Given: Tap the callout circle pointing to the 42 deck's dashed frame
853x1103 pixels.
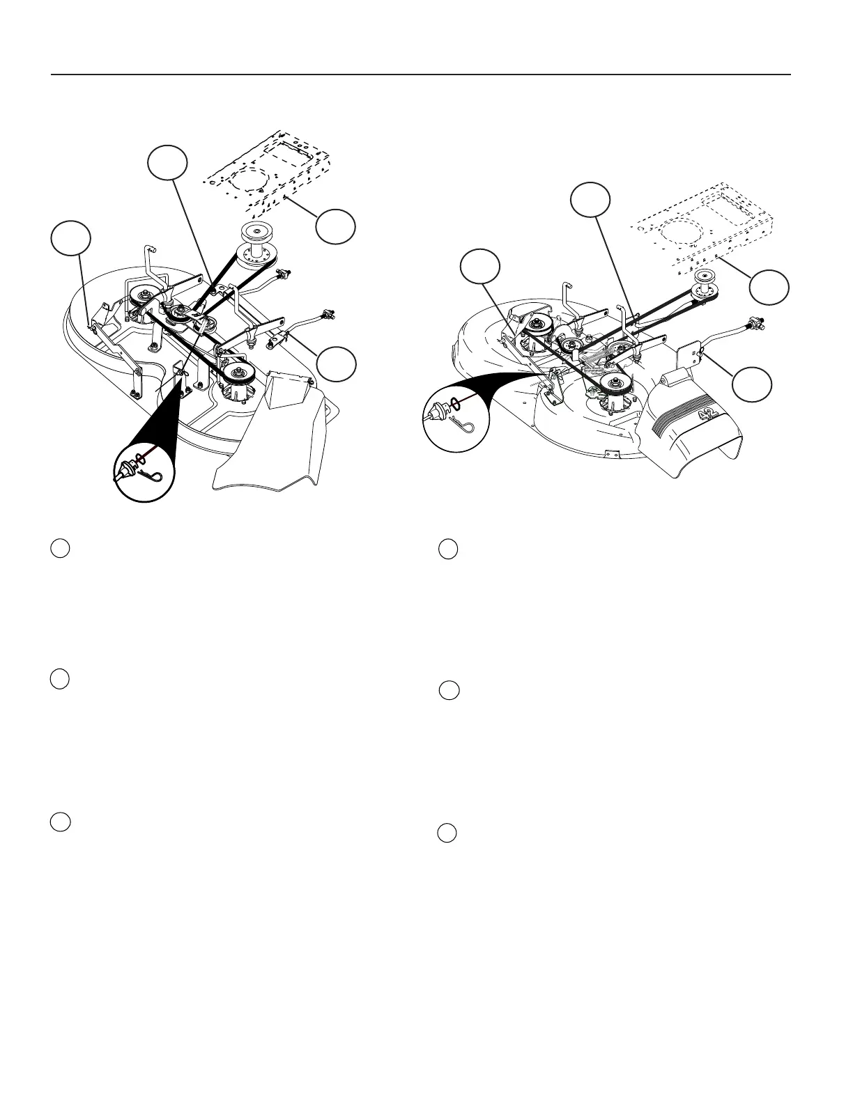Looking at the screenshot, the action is point(769,287).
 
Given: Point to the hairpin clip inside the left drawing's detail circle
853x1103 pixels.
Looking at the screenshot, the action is point(155,476).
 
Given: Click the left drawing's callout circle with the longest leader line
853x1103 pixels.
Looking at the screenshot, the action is point(168,163).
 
